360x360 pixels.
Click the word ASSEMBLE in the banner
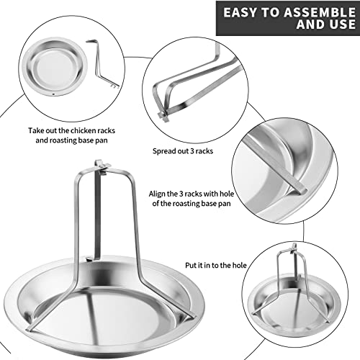(x=320, y=12)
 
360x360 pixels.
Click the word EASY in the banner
(x=240, y=12)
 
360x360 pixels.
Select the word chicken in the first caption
(x=82, y=130)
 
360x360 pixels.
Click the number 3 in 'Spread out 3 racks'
(x=192, y=151)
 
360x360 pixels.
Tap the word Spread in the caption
(x=163, y=151)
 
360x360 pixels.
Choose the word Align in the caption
(x=157, y=194)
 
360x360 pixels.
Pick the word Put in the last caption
(x=191, y=266)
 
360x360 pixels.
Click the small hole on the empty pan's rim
(x=53, y=94)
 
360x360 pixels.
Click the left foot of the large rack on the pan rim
(x=30, y=329)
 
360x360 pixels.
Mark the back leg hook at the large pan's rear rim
(x=89, y=258)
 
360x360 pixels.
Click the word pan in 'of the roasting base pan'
(x=225, y=204)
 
